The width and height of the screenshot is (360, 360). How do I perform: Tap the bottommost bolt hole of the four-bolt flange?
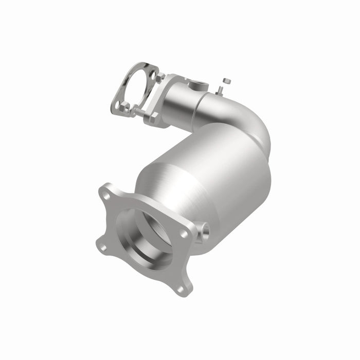tap(179, 289)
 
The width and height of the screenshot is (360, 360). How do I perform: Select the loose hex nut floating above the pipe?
tap(225, 81)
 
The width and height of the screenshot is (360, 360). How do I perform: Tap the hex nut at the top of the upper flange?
tap(161, 78)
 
